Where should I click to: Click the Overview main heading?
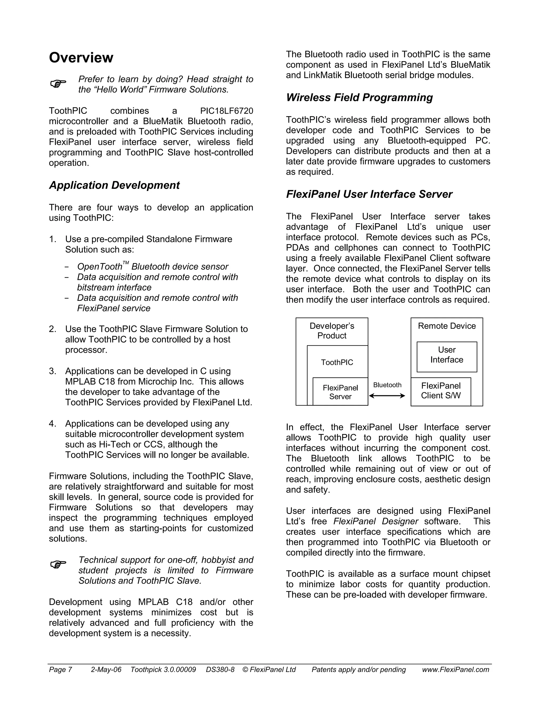pyautogui.click(x=81, y=58)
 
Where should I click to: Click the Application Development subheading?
pyautogui.click(x=114, y=185)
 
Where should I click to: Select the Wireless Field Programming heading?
pyautogui.click(x=359, y=97)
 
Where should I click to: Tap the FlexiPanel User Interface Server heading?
pyautogui.click(x=369, y=194)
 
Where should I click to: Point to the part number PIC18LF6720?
pyautogui.click(x=226, y=111)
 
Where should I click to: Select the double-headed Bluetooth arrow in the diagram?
pyautogui.click(x=387, y=396)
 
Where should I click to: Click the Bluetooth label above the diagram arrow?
pyautogui.click(x=387, y=385)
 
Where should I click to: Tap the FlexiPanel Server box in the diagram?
pyautogui.click(x=340, y=392)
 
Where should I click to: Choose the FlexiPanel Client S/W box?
pyautogui.click(x=441, y=391)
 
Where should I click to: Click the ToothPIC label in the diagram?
pyautogui.click(x=337, y=362)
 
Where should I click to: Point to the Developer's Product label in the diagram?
pyautogui.click(x=332, y=331)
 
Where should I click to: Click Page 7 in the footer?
pyautogui.click(x=60, y=670)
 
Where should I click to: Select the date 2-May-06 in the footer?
pyautogui.click(x=106, y=670)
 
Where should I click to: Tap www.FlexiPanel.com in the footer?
pyautogui.click(x=455, y=670)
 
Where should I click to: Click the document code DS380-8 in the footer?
pyautogui.click(x=220, y=670)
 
